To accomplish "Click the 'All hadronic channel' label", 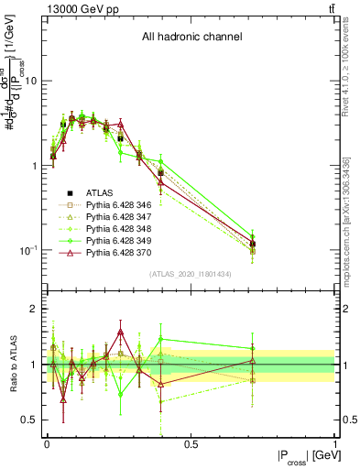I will coord(191,37).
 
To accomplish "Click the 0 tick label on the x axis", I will coord(47,444).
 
